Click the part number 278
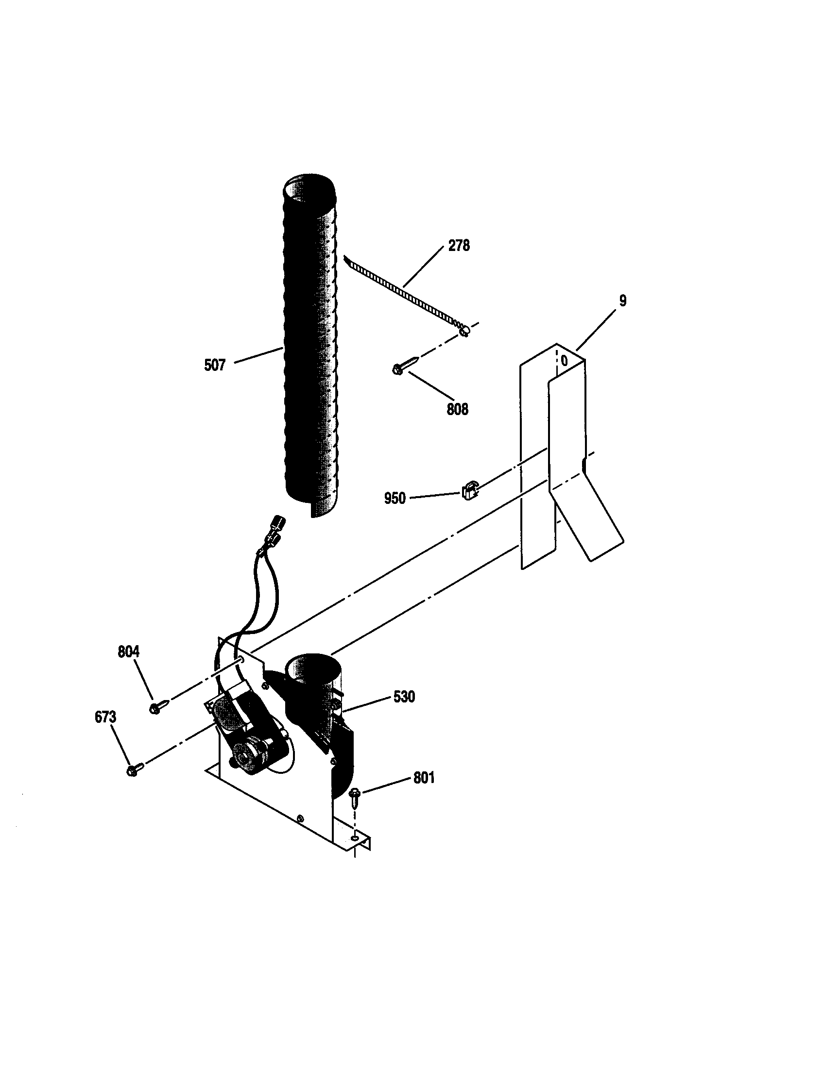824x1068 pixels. tap(459, 246)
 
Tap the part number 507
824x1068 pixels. tap(215, 365)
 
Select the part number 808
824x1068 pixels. tap(457, 409)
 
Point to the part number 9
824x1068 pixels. tap(622, 301)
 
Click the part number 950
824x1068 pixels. tap(395, 499)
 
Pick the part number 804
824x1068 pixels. tap(128, 651)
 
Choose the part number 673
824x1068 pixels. tap(105, 718)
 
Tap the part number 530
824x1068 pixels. tap(404, 696)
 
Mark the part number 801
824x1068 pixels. tap(424, 778)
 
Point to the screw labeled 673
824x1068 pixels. tap(135, 770)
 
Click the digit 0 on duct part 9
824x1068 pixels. tap(564, 361)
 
